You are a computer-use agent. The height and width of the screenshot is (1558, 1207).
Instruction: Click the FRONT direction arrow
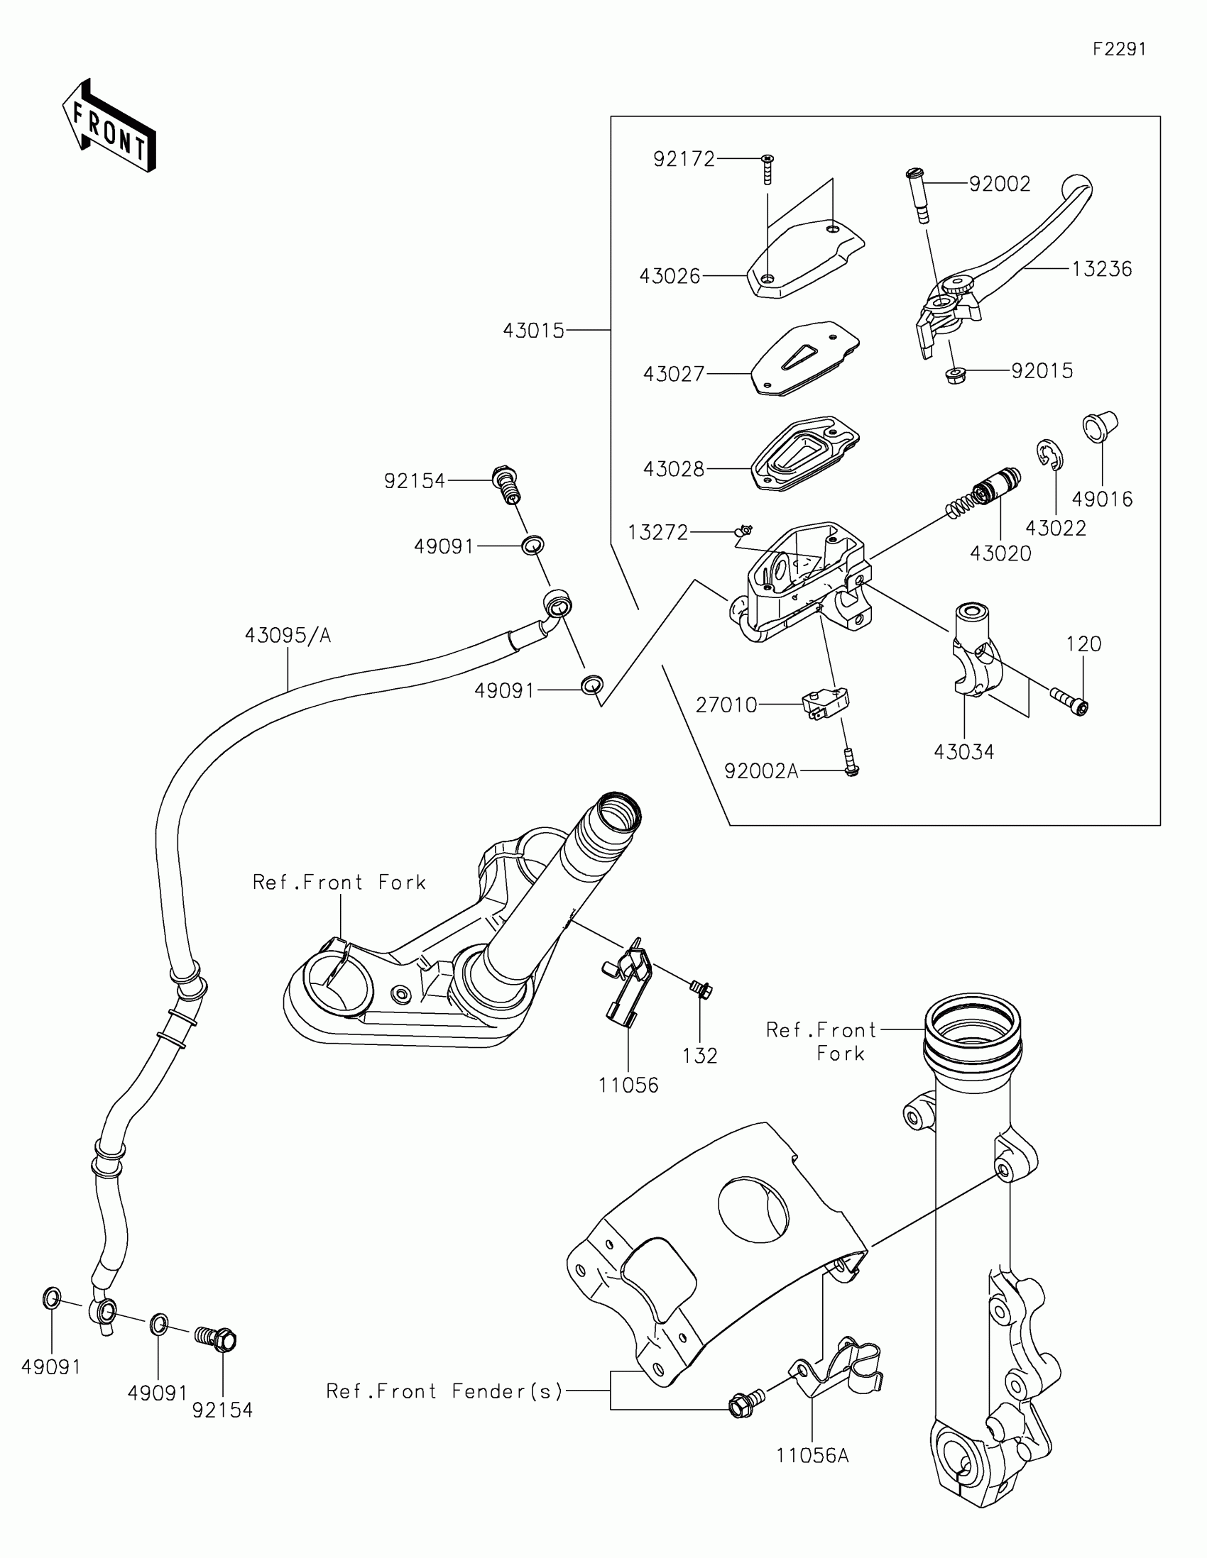point(109,126)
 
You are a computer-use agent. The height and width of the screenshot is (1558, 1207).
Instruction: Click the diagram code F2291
point(1119,48)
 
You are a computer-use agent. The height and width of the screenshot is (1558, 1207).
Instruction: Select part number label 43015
point(533,331)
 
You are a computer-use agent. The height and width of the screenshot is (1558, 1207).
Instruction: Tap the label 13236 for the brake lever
point(1102,269)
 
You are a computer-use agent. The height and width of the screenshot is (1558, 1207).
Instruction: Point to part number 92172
point(684,159)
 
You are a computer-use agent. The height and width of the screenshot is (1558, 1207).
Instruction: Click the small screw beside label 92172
point(768,170)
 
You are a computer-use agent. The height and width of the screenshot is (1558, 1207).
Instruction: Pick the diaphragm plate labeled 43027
point(805,358)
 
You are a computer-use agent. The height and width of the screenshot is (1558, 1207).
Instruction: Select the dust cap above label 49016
point(1100,426)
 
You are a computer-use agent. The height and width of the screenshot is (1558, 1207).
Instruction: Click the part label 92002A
point(761,771)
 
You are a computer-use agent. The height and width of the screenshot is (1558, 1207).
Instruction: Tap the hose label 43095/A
point(288,635)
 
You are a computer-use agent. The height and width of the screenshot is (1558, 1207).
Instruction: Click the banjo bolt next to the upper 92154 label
point(506,485)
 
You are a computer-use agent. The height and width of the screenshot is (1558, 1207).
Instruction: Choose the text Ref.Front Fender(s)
point(444,1391)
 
